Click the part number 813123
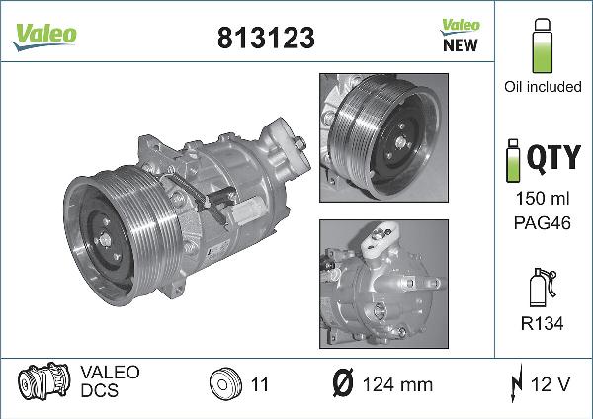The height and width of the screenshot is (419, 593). click(x=265, y=38)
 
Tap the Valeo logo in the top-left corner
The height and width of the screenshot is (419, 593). click(x=44, y=34)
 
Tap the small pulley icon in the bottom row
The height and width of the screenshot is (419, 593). click(x=224, y=382)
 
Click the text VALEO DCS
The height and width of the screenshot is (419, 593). click(x=110, y=381)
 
